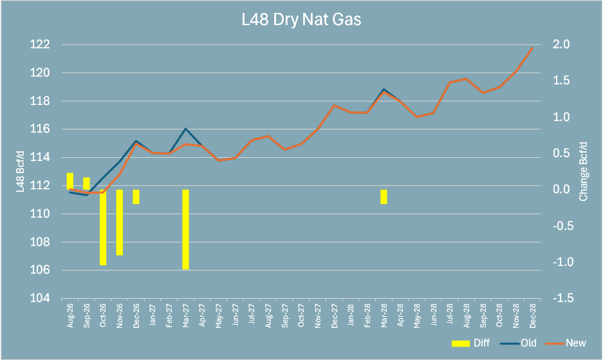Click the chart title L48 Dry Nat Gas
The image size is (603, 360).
point(301,19)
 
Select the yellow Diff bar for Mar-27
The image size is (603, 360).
point(185,229)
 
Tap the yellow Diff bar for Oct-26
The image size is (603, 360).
point(103,227)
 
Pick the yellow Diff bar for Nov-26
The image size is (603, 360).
point(120,222)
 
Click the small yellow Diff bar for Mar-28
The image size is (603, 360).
point(384,197)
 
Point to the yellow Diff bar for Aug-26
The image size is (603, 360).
point(70,181)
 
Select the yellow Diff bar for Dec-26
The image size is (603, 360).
point(136,197)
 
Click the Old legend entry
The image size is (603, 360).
point(519,343)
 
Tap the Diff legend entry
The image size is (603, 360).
point(470,343)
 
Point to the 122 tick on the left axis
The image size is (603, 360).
point(40,44)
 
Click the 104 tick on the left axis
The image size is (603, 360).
point(40,298)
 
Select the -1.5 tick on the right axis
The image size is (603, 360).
point(562,298)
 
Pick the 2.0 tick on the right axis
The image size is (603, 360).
point(561,44)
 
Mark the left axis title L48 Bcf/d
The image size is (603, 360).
point(21,171)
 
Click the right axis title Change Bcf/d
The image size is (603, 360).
point(584,171)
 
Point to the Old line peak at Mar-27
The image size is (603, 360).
point(185,129)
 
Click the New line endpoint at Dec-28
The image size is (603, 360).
point(533,48)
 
